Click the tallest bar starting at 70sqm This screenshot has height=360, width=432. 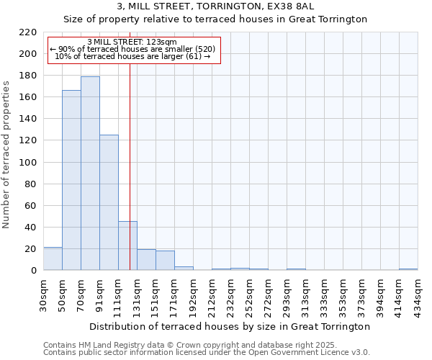click(x=90, y=173)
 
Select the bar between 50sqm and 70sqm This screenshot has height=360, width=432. click(x=71, y=180)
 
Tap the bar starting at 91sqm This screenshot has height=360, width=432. click(x=109, y=202)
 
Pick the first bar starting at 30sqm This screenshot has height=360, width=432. click(x=53, y=258)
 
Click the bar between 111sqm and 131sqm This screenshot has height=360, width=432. click(x=127, y=246)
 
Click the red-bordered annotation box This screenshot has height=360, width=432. click(x=133, y=50)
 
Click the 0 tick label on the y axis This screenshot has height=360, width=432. click(x=35, y=271)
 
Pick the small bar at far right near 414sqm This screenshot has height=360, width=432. click(x=408, y=269)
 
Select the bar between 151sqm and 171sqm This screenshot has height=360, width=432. click(x=165, y=261)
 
